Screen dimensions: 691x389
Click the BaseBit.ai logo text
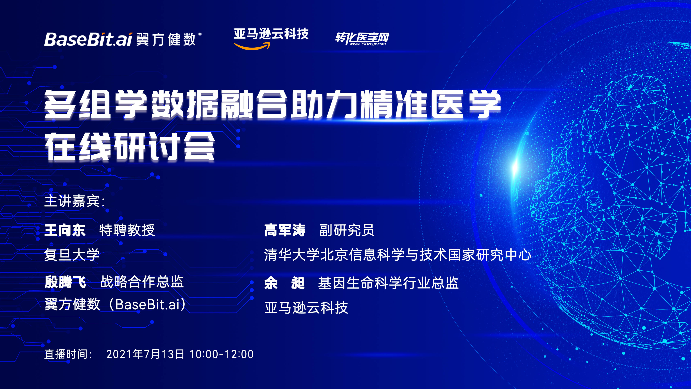88,39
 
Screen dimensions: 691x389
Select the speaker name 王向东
65,230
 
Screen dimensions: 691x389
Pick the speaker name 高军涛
285,230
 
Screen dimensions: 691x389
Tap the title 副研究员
347,230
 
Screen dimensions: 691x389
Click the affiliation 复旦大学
72,254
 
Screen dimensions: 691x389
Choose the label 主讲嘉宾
74,201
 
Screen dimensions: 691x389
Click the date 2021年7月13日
145,354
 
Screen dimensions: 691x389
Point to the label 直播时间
68,354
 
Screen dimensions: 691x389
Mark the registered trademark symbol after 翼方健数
200,34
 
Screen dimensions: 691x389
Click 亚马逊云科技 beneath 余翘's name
306,308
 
